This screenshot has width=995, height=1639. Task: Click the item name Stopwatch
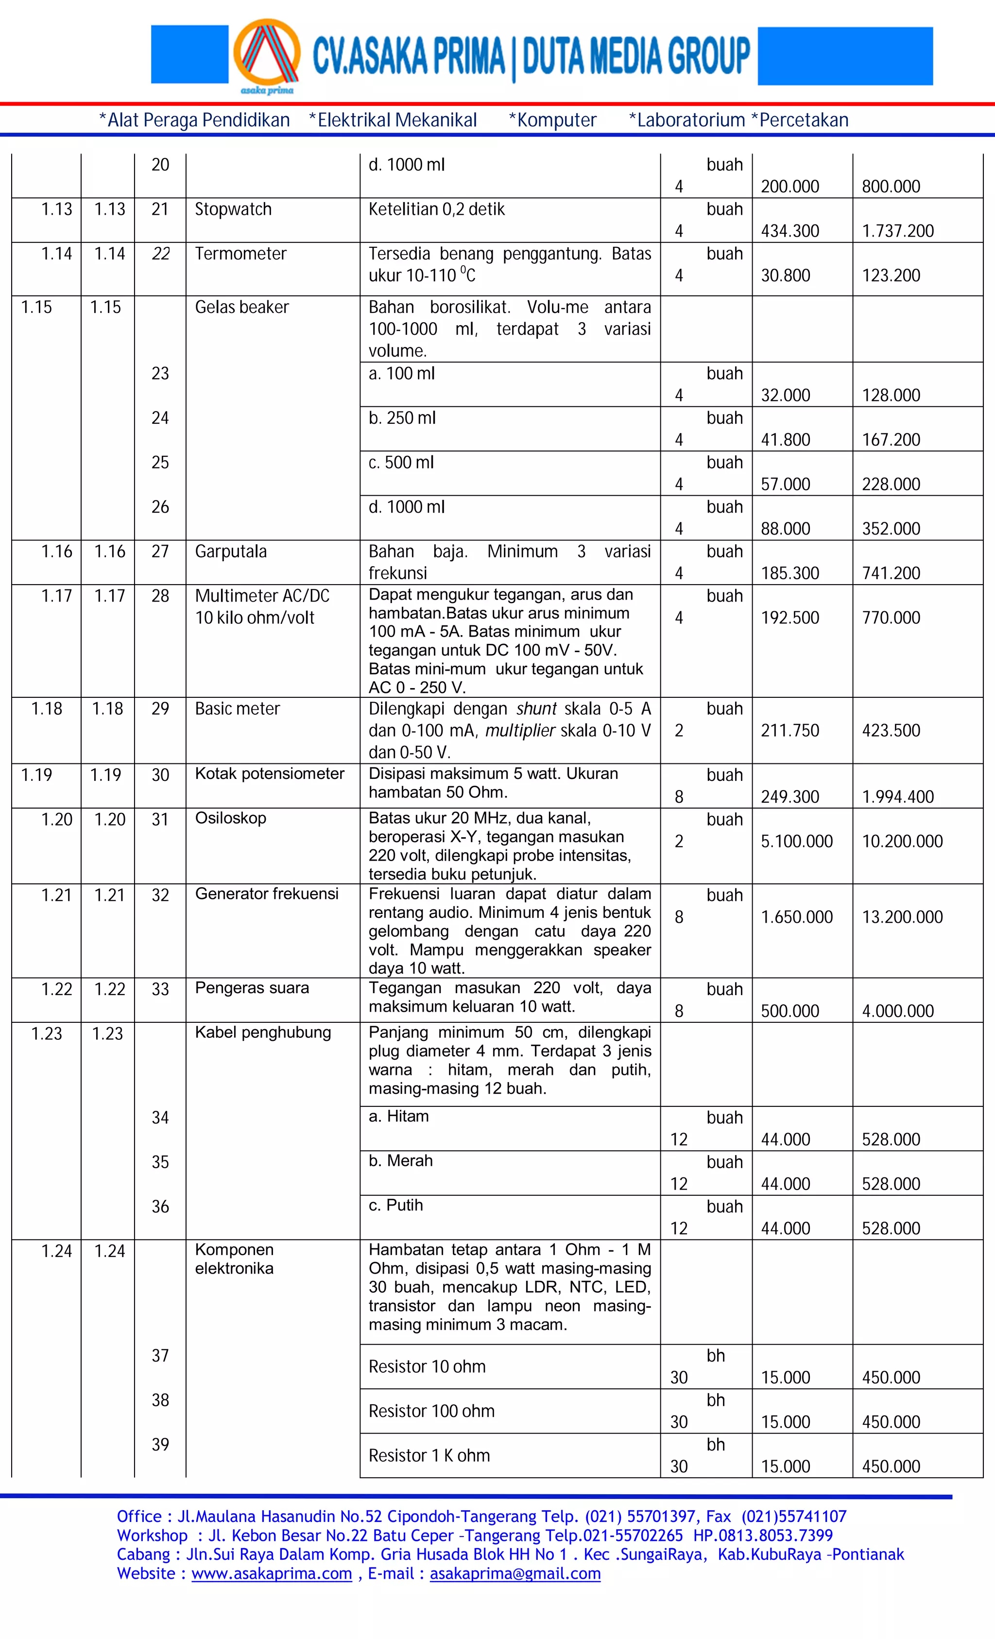[233, 209]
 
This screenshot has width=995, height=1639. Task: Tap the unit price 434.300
[789, 231]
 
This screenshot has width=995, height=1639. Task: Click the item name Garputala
[230, 552]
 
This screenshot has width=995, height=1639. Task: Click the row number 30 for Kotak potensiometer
[160, 775]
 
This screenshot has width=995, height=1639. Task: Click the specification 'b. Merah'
[400, 1161]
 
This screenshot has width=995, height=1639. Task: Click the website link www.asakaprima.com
[272, 1574]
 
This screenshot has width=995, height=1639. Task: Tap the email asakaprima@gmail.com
[515, 1574]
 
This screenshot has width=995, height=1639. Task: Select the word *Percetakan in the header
[800, 121]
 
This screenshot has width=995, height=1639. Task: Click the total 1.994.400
[897, 796]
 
